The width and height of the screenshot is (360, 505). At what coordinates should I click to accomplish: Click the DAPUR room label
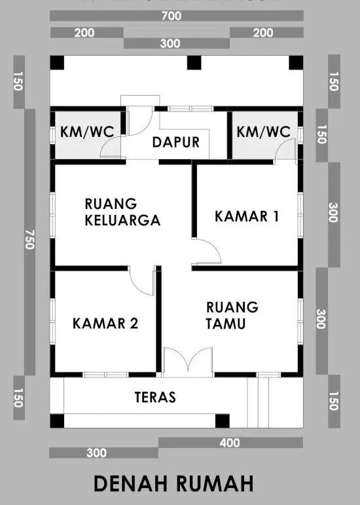tap(175, 142)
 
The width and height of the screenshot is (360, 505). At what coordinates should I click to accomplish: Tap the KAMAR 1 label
tap(247, 216)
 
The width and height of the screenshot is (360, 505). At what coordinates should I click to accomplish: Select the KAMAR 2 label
tap(105, 324)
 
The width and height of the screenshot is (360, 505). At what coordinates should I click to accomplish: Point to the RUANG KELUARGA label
tap(122, 212)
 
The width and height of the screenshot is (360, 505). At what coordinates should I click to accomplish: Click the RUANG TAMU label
tap(232, 315)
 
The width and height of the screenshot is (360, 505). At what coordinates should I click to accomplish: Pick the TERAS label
tap(155, 397)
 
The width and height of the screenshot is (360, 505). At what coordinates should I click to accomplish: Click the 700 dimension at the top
tap(171, 16)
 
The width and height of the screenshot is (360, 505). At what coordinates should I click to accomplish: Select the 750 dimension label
tap(29, 240)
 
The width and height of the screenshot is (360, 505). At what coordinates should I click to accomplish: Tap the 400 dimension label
tap(230, 443)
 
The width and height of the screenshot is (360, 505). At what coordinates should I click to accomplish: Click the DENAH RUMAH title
tap(173, 483)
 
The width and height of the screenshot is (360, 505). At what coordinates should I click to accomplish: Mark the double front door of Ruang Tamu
tap(188, 362)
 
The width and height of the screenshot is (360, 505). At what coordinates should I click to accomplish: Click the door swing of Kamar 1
tap(207, 252)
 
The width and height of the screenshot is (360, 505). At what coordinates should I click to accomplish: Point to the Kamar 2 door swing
tap(141, 280)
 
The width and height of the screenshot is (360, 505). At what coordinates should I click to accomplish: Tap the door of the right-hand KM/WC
tap(285, 151)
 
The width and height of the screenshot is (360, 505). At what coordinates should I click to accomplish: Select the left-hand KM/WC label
tap(87, 132)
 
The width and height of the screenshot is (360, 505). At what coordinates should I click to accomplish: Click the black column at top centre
tap(194, 62)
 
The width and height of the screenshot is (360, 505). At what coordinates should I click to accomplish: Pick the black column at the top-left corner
tap(57, 62)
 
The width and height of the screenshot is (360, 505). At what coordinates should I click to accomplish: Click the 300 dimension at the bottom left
tap(96, 453)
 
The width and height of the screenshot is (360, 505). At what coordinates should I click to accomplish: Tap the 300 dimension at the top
tap(170, 43)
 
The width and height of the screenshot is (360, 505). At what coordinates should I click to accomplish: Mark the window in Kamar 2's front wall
tap(105, 375)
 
